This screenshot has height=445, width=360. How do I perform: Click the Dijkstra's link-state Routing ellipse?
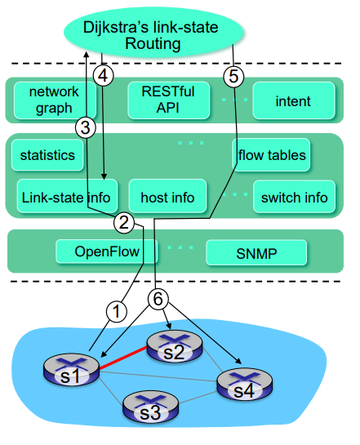pos(153,32)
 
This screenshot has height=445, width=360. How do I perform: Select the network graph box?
pos(55,100)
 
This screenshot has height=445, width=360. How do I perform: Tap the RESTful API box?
pos(168,100)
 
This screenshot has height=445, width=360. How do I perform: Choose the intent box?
pos(294,100)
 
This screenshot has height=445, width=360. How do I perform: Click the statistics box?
pos(47,155)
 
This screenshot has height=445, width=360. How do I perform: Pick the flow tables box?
pos(271,155)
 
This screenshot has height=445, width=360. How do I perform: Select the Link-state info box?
pos(67,196)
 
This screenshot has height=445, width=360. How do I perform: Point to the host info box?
pos(167,196)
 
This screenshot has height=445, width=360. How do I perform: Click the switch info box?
pos(294,197)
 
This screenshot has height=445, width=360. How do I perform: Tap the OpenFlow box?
pos(106,251)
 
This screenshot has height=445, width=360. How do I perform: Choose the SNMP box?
pos(256,253)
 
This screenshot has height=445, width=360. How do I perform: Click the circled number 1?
pos(117,311)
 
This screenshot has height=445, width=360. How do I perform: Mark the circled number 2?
pos(124,223)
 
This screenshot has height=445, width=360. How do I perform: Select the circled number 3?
pos(86,127)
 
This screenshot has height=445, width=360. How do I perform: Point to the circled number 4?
pos(103,76)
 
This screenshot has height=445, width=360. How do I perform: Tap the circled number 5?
pos(233,76)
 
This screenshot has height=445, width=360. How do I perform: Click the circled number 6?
pos(158,299)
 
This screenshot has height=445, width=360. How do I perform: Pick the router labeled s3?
pos(151,407)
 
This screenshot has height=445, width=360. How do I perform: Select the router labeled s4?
pos(245,385)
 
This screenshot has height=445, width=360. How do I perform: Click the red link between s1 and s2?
pos(122,358)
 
